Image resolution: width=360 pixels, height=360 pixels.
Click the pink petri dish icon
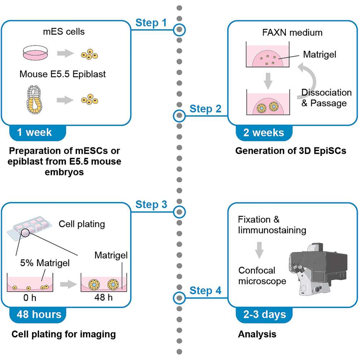click(35, 53)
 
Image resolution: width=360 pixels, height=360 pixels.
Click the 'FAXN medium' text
click(292, 33)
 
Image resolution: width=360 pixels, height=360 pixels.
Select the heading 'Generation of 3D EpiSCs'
click(291, 151)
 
